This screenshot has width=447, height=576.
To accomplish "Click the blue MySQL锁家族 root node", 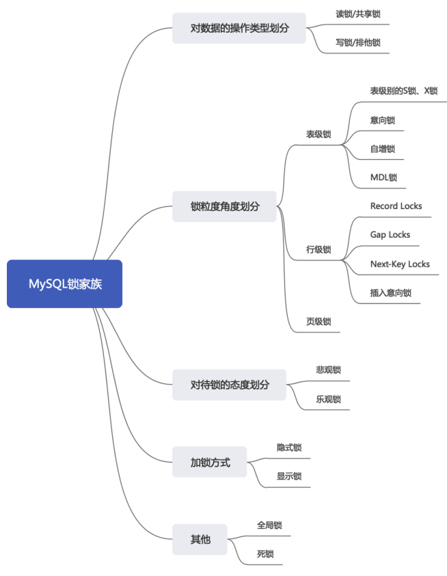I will pyautogui.click(x=65, y=284).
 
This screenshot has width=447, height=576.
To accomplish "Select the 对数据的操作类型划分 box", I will pyautogui.click(x=239, y=28).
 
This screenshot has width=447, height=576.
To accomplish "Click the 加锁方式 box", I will pyautogui.click(x=209, y=463).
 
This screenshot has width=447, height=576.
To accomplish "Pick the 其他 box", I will pyautogui.click(x=200, y=540).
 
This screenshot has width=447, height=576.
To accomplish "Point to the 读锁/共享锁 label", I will pyautogui.click(x=357, y=14).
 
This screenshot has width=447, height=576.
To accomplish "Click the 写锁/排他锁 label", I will pyautogui.click(x=357, y=42).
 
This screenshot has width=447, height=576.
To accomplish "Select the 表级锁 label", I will pyautogui.click(x=319, y=135).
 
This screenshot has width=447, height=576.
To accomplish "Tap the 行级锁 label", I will pyautogui.click(x=319, y=250).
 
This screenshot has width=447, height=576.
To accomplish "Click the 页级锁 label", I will pyautogui.click(x=319, y=321).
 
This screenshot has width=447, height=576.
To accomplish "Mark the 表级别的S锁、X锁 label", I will pyautogui.click(x=403, y=91).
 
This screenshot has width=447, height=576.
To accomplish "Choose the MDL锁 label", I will pyautogui.click(x=383, y=177).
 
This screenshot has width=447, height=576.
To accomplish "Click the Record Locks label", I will pyautogui.click(x=396, y=206).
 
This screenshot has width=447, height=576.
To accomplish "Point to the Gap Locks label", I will pyautogui.click(x=390, y=234).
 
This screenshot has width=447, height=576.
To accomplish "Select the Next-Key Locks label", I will pyautogui.click(x=400, y=264).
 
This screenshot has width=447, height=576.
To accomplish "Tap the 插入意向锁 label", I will pyautogui.click(x=390, y=292).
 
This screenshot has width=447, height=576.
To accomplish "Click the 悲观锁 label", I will pyautogui.click(x=328, y=369).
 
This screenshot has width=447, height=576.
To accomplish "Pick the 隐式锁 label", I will pyautogui.click(x=289, y=448).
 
